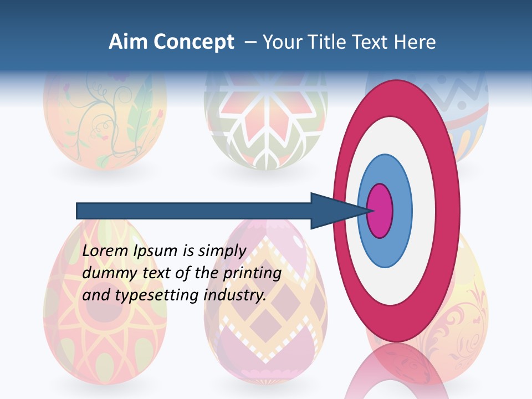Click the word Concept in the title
point(193,43)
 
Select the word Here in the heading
point(415,42)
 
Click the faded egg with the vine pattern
point(105,122)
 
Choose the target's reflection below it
point(396,371)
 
